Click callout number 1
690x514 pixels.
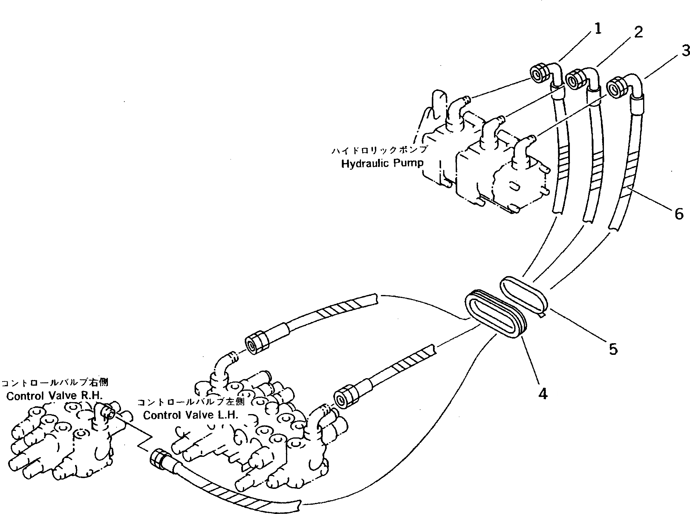tap(597, 29)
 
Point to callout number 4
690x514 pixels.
tap(542, 394)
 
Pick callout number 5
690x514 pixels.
tap(613, 349)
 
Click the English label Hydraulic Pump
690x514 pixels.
tap(382, 163)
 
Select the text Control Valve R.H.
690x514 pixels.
tap(54, 396)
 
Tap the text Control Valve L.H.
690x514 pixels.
tap(191, 415)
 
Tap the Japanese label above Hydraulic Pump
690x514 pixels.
tap(380, 150)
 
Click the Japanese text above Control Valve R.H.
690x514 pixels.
tap(55, 382)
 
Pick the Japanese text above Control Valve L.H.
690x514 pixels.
tap(191, 402)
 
